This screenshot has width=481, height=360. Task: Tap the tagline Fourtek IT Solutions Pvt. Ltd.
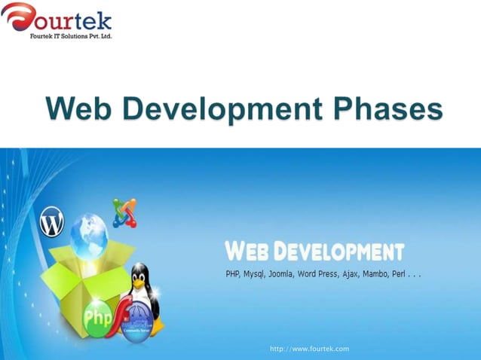[71, 35]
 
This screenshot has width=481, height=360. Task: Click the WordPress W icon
[52, 223]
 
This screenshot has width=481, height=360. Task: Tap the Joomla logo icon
[124, 212]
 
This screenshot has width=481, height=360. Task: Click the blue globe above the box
[89, 235]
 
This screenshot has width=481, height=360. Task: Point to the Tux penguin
[142, 289]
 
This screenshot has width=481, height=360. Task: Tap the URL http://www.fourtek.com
[309, 349]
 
